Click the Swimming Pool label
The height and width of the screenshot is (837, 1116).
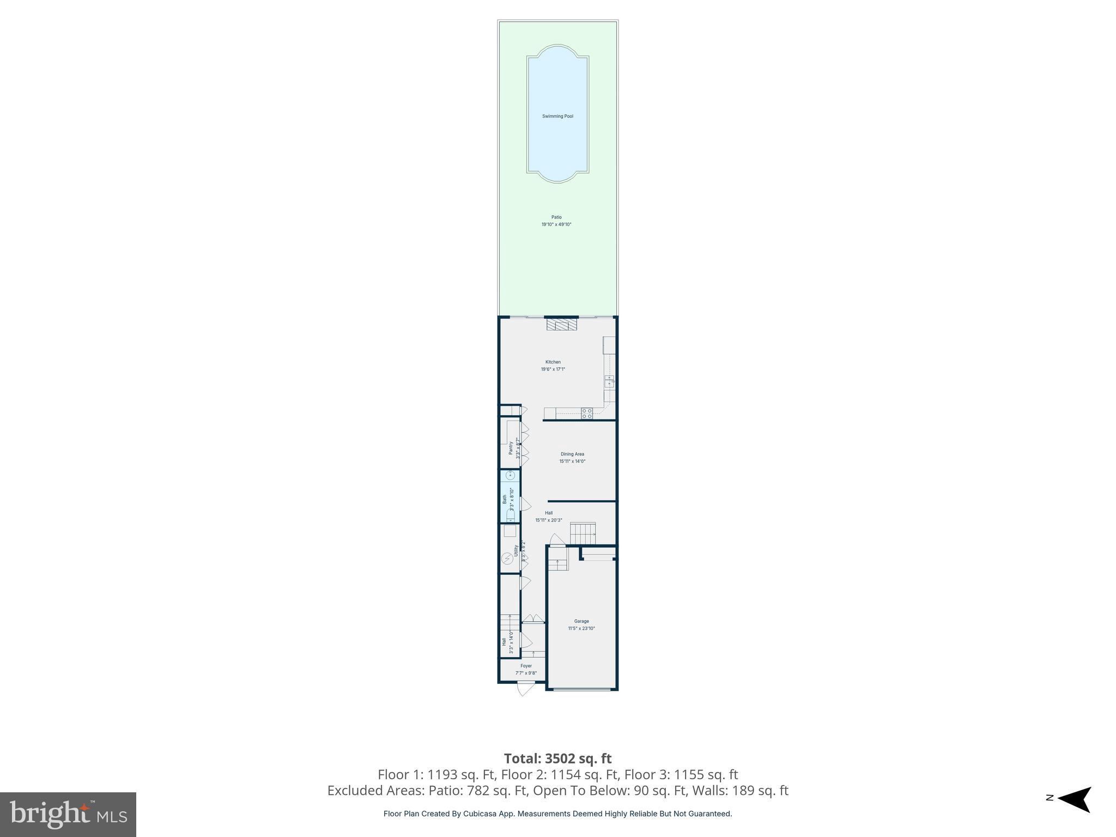point(557,116)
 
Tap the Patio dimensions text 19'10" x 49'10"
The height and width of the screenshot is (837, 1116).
point(556,225)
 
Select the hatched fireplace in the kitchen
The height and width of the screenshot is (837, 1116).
point(562,325)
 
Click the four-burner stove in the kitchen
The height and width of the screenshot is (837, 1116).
point(586,413)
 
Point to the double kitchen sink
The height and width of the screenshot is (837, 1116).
point(609,381)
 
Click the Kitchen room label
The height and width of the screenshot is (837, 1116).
point(553,362)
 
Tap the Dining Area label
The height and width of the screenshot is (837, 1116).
point(572,454)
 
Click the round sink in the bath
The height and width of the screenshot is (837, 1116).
point(511,475)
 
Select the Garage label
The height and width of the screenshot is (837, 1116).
point(581,621)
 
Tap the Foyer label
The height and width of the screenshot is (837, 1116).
point(526,666)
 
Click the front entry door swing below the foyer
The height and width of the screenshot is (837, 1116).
point(524,689)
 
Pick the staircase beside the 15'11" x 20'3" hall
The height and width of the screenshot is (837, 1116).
point(583,533)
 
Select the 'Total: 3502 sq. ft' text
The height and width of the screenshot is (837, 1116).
point(557,759)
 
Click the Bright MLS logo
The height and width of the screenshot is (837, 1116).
point(68,814)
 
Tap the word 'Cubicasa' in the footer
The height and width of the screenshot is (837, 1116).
point(480,814)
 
